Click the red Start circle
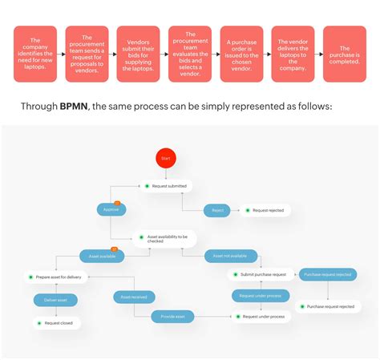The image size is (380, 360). click(x=166, y=159)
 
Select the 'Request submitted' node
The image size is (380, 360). click(x=166, y=186)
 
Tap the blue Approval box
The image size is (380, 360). click(x=111, y=210)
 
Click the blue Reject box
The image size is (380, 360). click(x=217, y=210)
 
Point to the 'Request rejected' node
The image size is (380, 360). click(x=268, y=210)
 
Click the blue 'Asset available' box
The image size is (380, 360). click(x=102, y=257)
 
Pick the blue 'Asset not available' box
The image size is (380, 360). click(x=230, y=257)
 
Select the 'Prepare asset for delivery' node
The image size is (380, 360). click(x=57, y=277)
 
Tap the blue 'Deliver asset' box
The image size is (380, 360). click(x=56, y=300)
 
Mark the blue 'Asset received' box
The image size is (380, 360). click(x=134, y=297)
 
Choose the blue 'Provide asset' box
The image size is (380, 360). click(x=173, y=317)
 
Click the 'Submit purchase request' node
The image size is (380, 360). click(x=260, y=274)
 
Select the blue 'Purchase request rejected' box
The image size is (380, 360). click(x=327, y=274)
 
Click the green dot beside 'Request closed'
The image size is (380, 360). click(x=35, y=323)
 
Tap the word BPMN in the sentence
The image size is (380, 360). click(x=75, y=107)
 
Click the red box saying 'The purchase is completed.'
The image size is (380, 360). click(x=344, y=54)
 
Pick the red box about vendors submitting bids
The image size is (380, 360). click(x=138, y=54)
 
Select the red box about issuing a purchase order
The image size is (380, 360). click(x=241, y=54)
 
